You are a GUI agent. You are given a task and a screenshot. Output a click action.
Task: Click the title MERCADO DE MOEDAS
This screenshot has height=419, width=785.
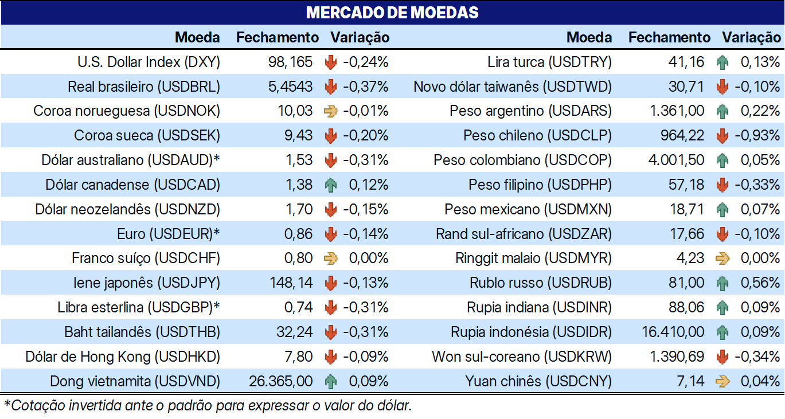[392, 13]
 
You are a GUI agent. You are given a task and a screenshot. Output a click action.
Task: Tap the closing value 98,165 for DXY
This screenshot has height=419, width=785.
[290, 62]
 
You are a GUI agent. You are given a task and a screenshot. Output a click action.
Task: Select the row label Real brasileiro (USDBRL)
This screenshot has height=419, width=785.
[144, 87]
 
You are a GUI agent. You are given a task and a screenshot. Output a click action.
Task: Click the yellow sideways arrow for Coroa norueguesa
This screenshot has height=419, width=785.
[331, 111]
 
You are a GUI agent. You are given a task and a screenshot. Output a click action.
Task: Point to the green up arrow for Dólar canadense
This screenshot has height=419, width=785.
[331, 185]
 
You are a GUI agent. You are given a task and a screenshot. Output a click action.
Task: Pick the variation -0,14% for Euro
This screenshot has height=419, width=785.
[365, 234]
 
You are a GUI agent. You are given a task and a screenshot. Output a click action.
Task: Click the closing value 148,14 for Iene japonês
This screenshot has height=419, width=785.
[291, 283]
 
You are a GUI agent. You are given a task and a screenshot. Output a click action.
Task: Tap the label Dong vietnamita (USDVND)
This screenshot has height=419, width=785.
[135, 381]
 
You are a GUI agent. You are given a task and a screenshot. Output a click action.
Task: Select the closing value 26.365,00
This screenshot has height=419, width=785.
[281, 381]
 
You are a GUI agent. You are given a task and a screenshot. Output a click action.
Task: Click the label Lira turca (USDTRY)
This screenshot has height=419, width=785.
[549, 62]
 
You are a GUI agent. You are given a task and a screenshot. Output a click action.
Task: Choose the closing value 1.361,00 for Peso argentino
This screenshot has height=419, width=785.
[677, 111]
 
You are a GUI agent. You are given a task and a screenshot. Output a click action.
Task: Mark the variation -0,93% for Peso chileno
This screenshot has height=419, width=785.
[757, 136]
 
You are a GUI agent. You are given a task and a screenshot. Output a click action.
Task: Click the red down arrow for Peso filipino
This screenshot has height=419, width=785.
[722, 185]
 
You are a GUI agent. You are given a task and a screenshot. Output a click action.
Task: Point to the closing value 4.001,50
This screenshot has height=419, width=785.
[676, 160]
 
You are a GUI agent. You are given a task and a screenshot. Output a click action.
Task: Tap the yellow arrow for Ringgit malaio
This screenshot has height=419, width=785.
[722, 259]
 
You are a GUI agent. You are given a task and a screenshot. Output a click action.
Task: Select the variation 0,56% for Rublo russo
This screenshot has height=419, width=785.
[760, 283]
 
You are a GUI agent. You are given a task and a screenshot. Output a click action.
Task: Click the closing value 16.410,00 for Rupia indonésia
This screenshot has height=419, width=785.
[673, 332]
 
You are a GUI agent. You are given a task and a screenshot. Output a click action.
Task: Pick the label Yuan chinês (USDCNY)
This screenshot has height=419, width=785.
[538, 381]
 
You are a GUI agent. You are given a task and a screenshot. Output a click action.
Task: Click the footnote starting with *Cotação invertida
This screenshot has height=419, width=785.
[208, 406]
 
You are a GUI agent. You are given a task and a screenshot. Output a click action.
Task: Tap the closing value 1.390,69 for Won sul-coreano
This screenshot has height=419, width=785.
[677, 357]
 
